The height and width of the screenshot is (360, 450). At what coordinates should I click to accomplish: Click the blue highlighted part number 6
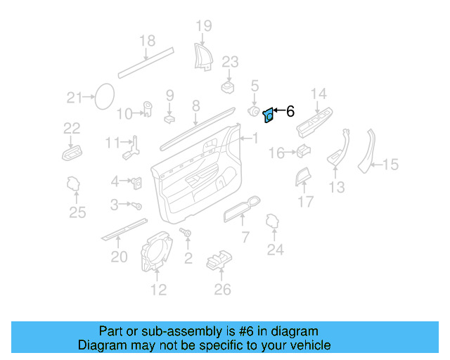(268, 116)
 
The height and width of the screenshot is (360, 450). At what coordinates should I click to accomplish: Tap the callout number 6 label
(290, 110)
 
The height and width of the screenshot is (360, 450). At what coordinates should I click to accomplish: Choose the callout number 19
(203, 27)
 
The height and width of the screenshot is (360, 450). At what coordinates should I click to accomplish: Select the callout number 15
(390, 165)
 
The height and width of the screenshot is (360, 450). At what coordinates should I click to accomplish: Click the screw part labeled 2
(187, 233)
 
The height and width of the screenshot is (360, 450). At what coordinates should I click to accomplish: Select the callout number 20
(119, 257)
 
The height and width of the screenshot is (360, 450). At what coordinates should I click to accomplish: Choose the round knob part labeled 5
(254, 111)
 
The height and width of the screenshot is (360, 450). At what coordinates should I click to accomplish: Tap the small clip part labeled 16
(303, 150)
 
